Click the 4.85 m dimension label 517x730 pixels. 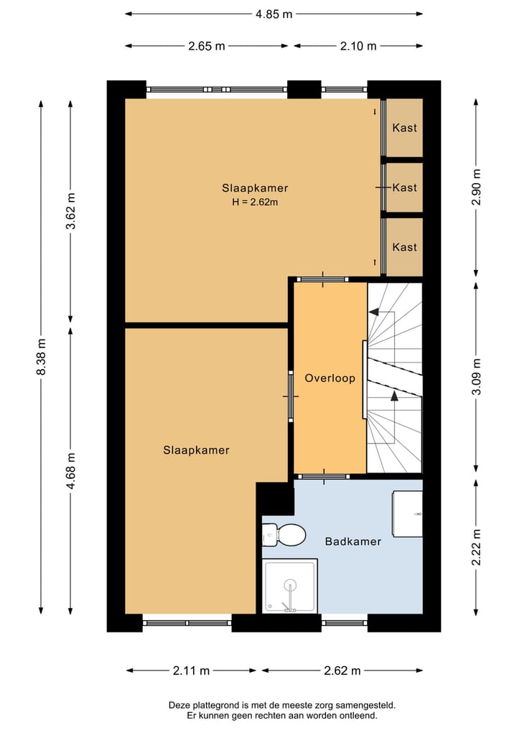(x=274, y=14)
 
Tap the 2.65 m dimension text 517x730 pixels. (x=207, y=46)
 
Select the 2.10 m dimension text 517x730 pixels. (x=358, y=46)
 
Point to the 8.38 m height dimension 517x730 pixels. (x=42, y=357)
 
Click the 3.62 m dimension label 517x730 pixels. (x=71, y=211)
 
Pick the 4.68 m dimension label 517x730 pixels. (x=71, y=471)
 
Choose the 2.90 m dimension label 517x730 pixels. (x=476, y=187)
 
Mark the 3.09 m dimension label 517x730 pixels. (x=476, y=377)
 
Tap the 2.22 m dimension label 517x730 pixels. (x=476, y=548)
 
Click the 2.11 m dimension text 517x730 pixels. (x=191, y=671)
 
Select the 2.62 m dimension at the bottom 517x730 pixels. (x=343, y=671)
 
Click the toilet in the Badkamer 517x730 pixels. (x=284, y=535)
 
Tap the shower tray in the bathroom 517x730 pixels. (x=289, y=586)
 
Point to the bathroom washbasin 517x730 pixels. (x=407, y=513)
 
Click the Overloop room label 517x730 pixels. (x=330, y=378)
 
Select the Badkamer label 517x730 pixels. (x=353, y=541)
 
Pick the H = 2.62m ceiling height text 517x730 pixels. (x=255, y=202)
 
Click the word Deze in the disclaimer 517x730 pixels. (x=178, y=706)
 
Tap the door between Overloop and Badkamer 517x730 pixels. (x=323, y=477)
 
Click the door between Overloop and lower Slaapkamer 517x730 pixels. (x=291, y=396)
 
